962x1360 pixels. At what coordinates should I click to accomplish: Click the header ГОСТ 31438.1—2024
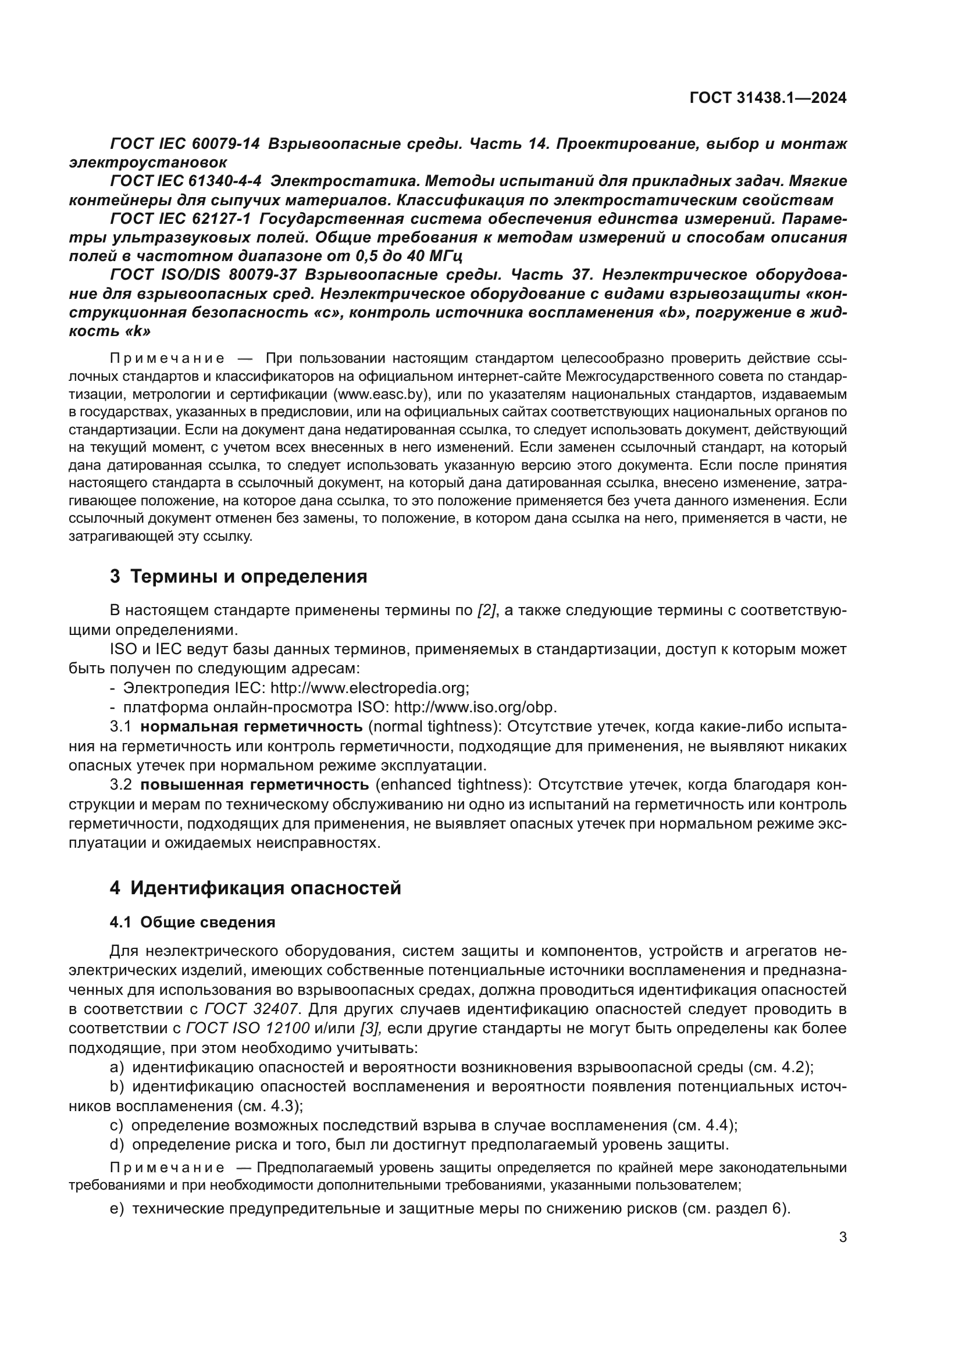pos(768,98)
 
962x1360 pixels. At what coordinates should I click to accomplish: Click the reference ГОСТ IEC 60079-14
pos(185,144)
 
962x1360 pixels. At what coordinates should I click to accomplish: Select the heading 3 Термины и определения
pos(238,576)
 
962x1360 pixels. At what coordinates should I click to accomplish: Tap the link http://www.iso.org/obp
pos(475,708)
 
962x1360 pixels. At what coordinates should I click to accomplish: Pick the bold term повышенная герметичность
pos(255,786)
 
